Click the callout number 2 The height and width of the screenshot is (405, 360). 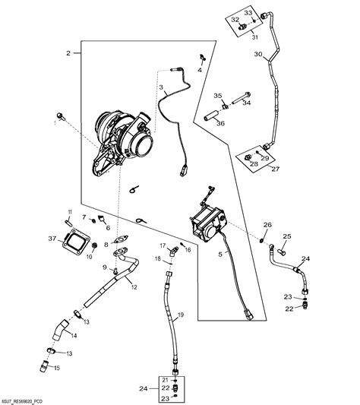click(x=68, y=53)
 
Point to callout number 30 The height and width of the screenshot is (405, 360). click(x=258, y=55)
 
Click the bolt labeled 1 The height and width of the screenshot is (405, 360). click(x=59, y=116)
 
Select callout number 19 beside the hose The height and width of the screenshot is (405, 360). click(x=181, y=315)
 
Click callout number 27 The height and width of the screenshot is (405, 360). click(x=265, y=170)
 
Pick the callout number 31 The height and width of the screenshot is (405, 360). click(x=255, y=36)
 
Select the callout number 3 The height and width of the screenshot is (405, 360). click(x=162, y=88)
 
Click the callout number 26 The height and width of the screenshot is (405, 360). click(x=267, y=224)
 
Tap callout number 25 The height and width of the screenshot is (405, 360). click(x=286, y=236)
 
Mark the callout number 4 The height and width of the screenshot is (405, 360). click(x=200, y=69)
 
